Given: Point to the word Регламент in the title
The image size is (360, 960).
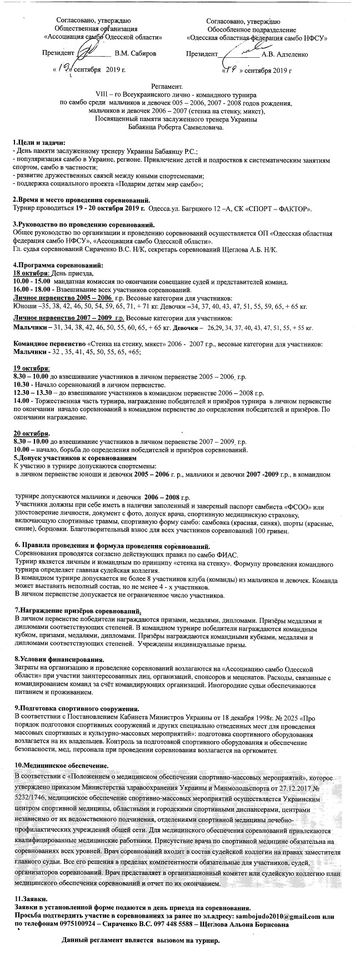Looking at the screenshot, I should click(167, 88).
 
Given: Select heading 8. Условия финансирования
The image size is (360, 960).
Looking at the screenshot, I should click(58, 659).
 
